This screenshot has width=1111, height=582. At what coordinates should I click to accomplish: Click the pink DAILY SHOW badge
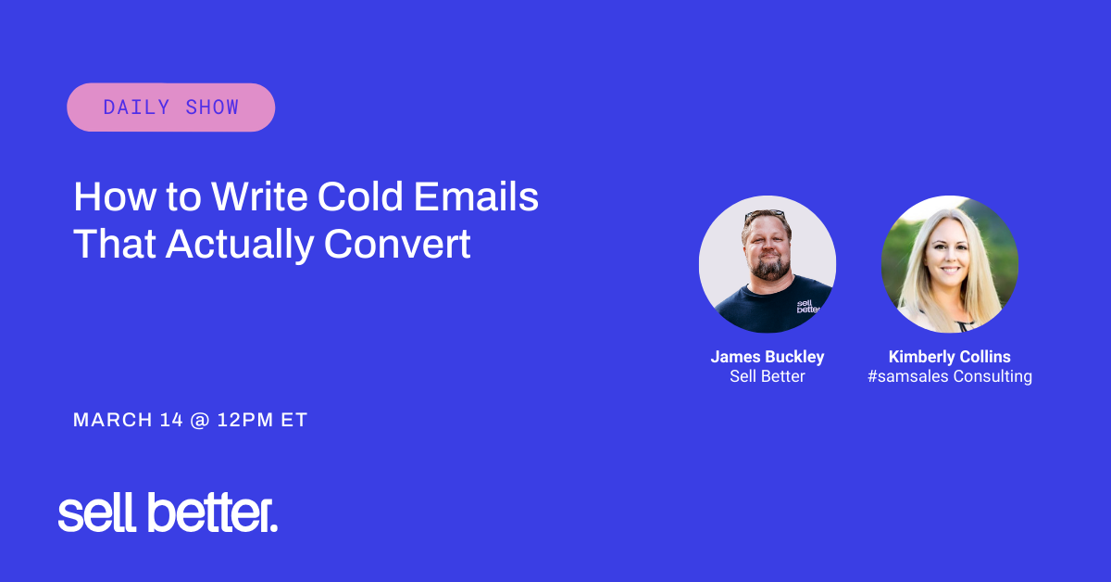(x=170, y=108)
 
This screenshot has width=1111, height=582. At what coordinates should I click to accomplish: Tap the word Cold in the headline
(x=359, y=196)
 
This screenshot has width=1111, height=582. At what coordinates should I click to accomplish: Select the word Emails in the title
(x=476, y=196)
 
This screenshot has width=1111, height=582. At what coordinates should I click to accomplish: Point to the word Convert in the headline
(x=397, y=244)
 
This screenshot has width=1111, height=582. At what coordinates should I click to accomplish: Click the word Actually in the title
(x=240, y=246)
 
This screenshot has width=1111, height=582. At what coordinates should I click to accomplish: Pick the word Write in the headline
(x=259, y=196)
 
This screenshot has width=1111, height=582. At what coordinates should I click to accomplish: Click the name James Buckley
(x=768, y=357)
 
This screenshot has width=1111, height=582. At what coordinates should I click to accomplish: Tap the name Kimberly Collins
(x=949, y=357)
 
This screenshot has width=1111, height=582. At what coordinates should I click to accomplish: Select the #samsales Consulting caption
(x=949, y=376)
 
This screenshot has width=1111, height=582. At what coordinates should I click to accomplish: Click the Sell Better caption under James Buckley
(x=768, y=376)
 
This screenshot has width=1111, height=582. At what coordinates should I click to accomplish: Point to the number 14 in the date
(x=171, y=420)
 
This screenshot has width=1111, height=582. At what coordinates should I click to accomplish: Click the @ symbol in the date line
(x=200, y=421)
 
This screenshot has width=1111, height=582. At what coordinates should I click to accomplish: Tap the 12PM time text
(x=245, y=420)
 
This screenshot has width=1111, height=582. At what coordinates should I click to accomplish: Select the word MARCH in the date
(x=113, y=420)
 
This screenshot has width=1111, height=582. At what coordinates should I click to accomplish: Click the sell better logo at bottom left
(x=168, y=513)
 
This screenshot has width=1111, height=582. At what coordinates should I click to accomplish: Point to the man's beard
(x=770, y=268)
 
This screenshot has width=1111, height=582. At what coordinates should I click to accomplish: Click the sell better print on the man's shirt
(x=807, y=307)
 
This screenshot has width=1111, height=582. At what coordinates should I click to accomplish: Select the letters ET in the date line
(x=294, y=420)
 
